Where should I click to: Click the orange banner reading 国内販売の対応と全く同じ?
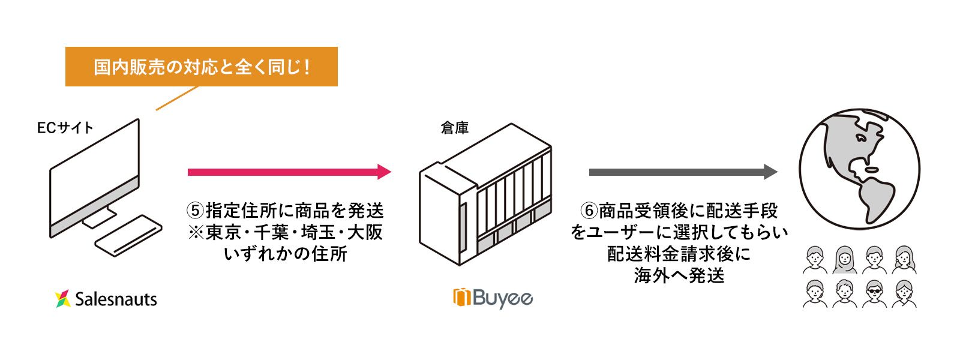coord(202,67)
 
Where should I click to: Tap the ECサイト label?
coord(65,128)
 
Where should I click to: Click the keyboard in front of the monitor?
coord(128,236)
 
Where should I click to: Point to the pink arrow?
coord(289,172)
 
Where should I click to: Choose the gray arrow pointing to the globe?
coord(683,172)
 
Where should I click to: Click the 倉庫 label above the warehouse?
coord(455,128)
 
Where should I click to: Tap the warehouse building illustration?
coord(485,194)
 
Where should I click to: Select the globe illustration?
coord(859,169)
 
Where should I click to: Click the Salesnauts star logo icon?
coord(62,299)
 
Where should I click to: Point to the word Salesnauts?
coord(116,299)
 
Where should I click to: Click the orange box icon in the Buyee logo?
coord(462,298)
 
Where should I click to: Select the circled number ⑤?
coord(196,211)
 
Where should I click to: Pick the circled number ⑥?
coord(589,211)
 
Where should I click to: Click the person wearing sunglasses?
coord(874,293)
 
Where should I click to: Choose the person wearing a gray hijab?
coord(845,260)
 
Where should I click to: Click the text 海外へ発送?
coord(679,275)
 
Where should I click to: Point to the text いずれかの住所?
coord(286,254)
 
